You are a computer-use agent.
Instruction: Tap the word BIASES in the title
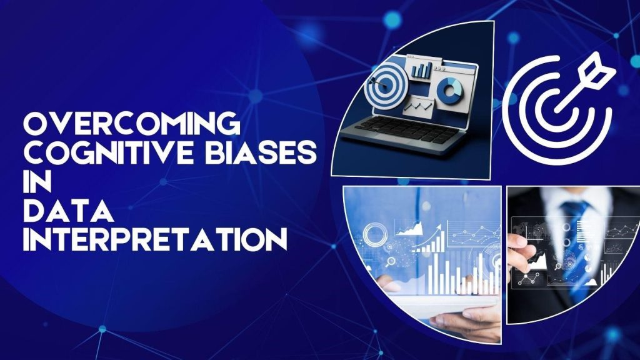point(242,153)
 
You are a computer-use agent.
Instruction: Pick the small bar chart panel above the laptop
point(422,67)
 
